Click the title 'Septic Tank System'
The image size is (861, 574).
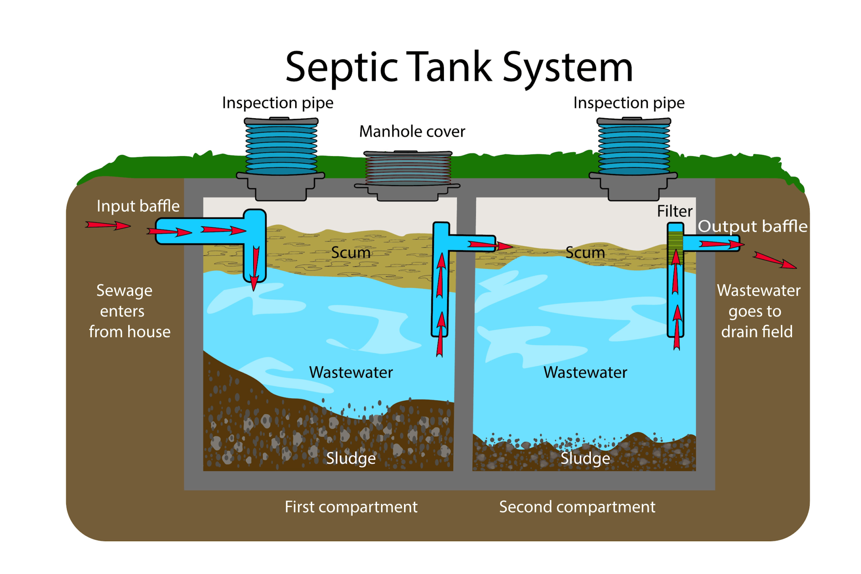coord(459,67)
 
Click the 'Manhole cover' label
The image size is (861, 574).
coord(412,132)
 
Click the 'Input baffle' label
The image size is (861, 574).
coord(138,206)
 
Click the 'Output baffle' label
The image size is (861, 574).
coord(753,226)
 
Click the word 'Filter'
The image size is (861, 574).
coord(674,211)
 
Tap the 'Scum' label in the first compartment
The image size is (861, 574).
coord(351,253)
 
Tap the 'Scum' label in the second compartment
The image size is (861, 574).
coord(585,253)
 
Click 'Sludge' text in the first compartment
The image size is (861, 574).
coord(351,458)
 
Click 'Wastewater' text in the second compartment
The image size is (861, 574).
coord(585,373)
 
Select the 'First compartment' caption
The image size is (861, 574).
coord(351,507)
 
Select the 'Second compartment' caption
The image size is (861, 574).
coord(577,507)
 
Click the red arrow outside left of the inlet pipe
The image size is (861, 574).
coord(108,225)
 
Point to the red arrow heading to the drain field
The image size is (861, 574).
coord(774,260)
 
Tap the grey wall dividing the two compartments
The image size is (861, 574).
coord(465,336)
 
